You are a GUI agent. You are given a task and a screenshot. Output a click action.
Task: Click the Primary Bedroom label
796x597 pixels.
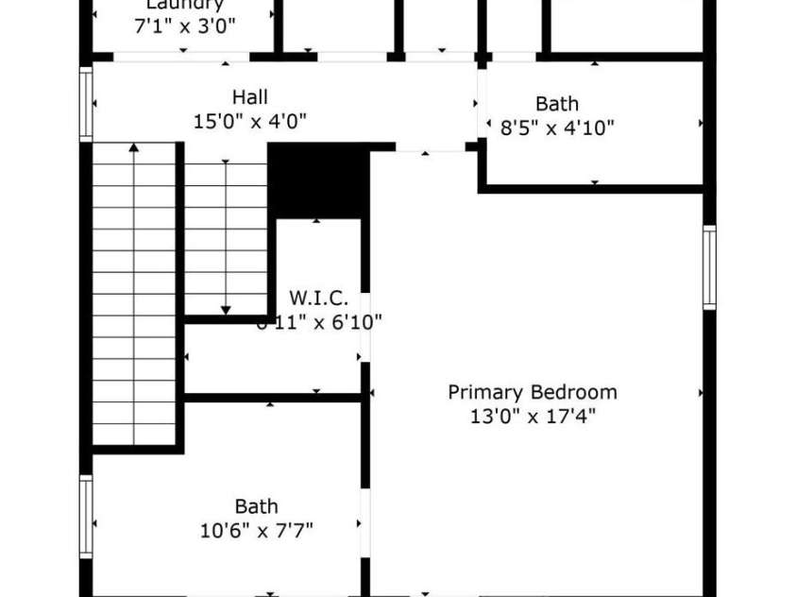(532, 392)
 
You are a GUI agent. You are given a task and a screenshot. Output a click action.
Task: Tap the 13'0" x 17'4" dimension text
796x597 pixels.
(532, 415)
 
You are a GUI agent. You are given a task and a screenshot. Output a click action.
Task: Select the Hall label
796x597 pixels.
(249, 97)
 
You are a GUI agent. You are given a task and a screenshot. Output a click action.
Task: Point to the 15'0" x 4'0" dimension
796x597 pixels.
(249, 121)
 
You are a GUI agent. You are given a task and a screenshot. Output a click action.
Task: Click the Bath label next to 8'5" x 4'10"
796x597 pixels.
(557, 104)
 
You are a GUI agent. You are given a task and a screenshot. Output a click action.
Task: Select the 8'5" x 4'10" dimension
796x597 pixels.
(557, 127)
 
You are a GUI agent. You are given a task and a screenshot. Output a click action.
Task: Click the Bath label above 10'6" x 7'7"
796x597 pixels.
(256, 507)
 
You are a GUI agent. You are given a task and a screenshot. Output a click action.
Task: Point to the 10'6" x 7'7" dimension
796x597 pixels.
(256, 530)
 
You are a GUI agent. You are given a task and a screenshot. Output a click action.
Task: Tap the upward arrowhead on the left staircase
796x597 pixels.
(134, 147)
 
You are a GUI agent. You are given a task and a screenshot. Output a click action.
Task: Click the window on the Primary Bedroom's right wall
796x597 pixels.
(709, 267)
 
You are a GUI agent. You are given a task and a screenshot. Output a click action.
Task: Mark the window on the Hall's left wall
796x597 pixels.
(86, 104)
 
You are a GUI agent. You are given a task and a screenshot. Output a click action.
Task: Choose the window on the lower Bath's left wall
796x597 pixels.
(86, 516)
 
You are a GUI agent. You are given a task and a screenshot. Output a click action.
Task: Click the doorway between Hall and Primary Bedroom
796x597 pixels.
(430, 148)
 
